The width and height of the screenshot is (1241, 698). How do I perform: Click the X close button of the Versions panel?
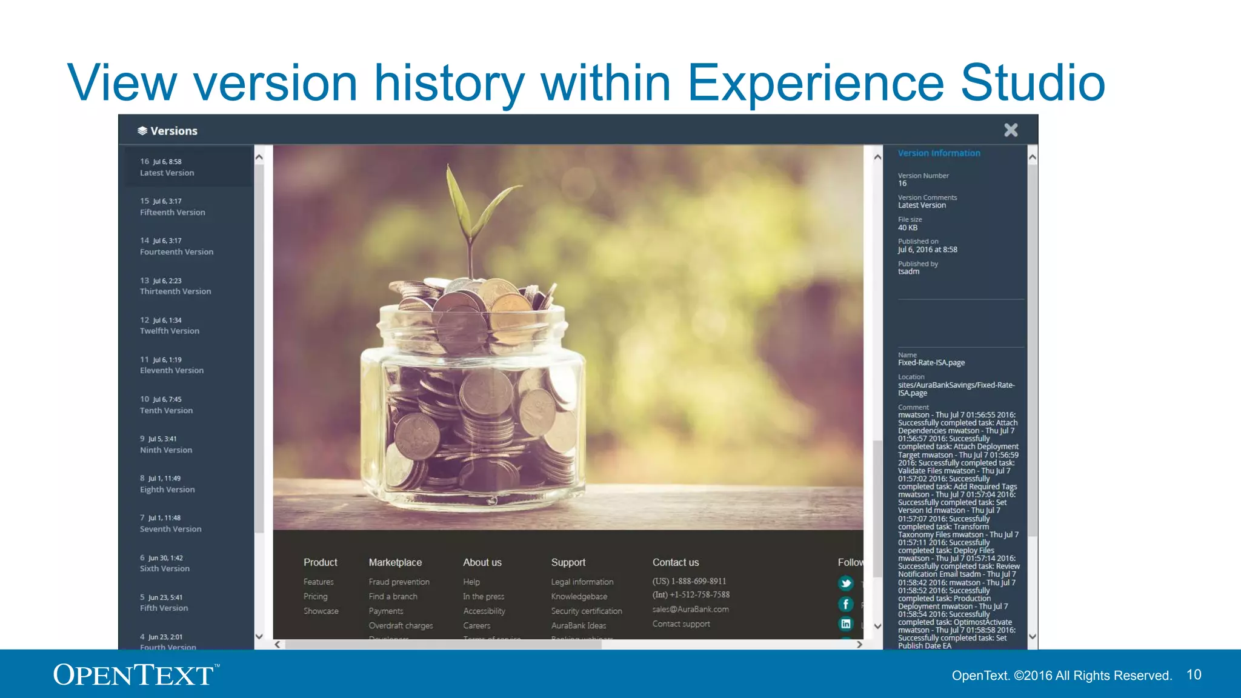click(1011, 130)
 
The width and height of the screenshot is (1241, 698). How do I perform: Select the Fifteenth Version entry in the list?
click(172, 207)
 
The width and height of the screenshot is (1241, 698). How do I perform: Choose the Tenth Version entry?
click(166, 405)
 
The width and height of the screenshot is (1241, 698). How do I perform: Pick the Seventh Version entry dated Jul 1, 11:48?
click(170, 524)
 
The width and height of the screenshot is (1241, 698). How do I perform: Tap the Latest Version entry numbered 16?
click(167, 168)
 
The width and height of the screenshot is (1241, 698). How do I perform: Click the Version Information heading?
click(939, 153)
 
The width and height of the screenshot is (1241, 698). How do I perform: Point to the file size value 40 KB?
click(907, 228)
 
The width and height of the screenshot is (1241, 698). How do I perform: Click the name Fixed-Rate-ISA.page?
click(931, 363)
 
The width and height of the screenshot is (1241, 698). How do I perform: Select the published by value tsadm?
click(908, 271)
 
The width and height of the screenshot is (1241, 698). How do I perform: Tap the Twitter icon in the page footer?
click(846, 583)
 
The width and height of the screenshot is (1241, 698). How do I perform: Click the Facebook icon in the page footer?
click(846, 604)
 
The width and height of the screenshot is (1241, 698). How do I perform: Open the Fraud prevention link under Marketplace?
click(399, 582)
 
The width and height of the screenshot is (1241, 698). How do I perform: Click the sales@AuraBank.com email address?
click(690, 610)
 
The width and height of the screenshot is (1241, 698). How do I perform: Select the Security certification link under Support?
click(586, 611)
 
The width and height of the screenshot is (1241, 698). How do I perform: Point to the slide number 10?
click(1193, 675)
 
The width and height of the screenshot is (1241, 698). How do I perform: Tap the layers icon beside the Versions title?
click(142, 131)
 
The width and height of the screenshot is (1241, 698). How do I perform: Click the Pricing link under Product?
click(315, 597)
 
